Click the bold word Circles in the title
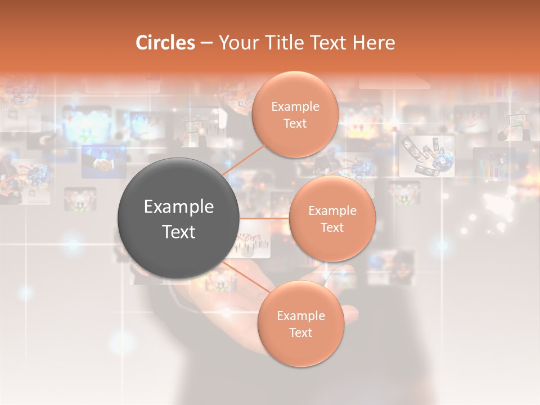(165, 43)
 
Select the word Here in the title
(374, 43)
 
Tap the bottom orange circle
(300, 349)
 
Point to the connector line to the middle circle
(264, 218)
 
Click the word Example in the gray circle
(179, 207)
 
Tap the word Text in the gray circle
(179, 232)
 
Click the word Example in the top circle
(295, 107)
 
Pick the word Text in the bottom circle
(300, 332)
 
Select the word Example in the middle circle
(332, 211)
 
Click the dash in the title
(206, 43)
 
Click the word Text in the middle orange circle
(332, 228)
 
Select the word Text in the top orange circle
(295, 124)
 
